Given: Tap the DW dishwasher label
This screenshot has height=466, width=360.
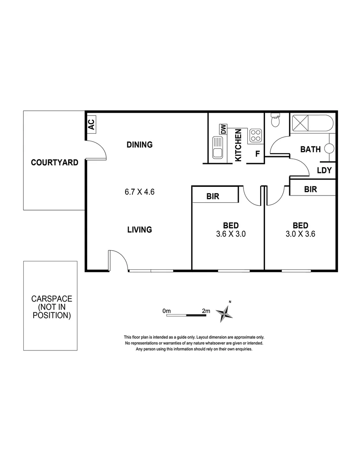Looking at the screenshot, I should (x=223, y=129).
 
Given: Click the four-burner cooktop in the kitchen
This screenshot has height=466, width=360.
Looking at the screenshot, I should (x=255, y=135).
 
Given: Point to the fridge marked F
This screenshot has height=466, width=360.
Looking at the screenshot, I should (x=257, y=154).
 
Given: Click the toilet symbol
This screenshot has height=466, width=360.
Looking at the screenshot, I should (x=275, y=121).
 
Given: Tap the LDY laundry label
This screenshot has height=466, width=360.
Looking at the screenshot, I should (x=324, y=170).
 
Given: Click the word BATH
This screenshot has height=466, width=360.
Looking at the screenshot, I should (x=310, y=149).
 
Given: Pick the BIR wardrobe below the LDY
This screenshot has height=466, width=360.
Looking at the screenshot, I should (x=311, y=189).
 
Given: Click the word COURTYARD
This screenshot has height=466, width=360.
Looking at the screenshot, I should (x=54, y=163).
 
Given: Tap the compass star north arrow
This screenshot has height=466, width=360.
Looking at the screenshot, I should (x=224, y=312).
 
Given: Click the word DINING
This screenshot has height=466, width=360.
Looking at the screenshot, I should (x=139, y=145).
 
